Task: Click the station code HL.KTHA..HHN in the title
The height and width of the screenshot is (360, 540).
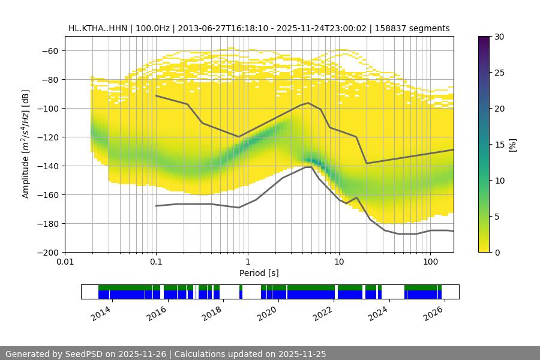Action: (96, 28)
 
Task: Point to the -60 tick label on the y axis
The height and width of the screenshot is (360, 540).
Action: (49, 50)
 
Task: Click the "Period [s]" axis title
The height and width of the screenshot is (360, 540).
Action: (259, 273)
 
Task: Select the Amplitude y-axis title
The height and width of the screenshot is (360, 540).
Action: (26, 144)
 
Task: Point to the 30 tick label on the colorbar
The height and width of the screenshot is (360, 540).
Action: (499, 37)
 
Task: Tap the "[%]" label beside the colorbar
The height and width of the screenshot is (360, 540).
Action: (512, 144)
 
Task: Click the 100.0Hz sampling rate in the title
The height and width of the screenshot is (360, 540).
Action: (152, 28)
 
